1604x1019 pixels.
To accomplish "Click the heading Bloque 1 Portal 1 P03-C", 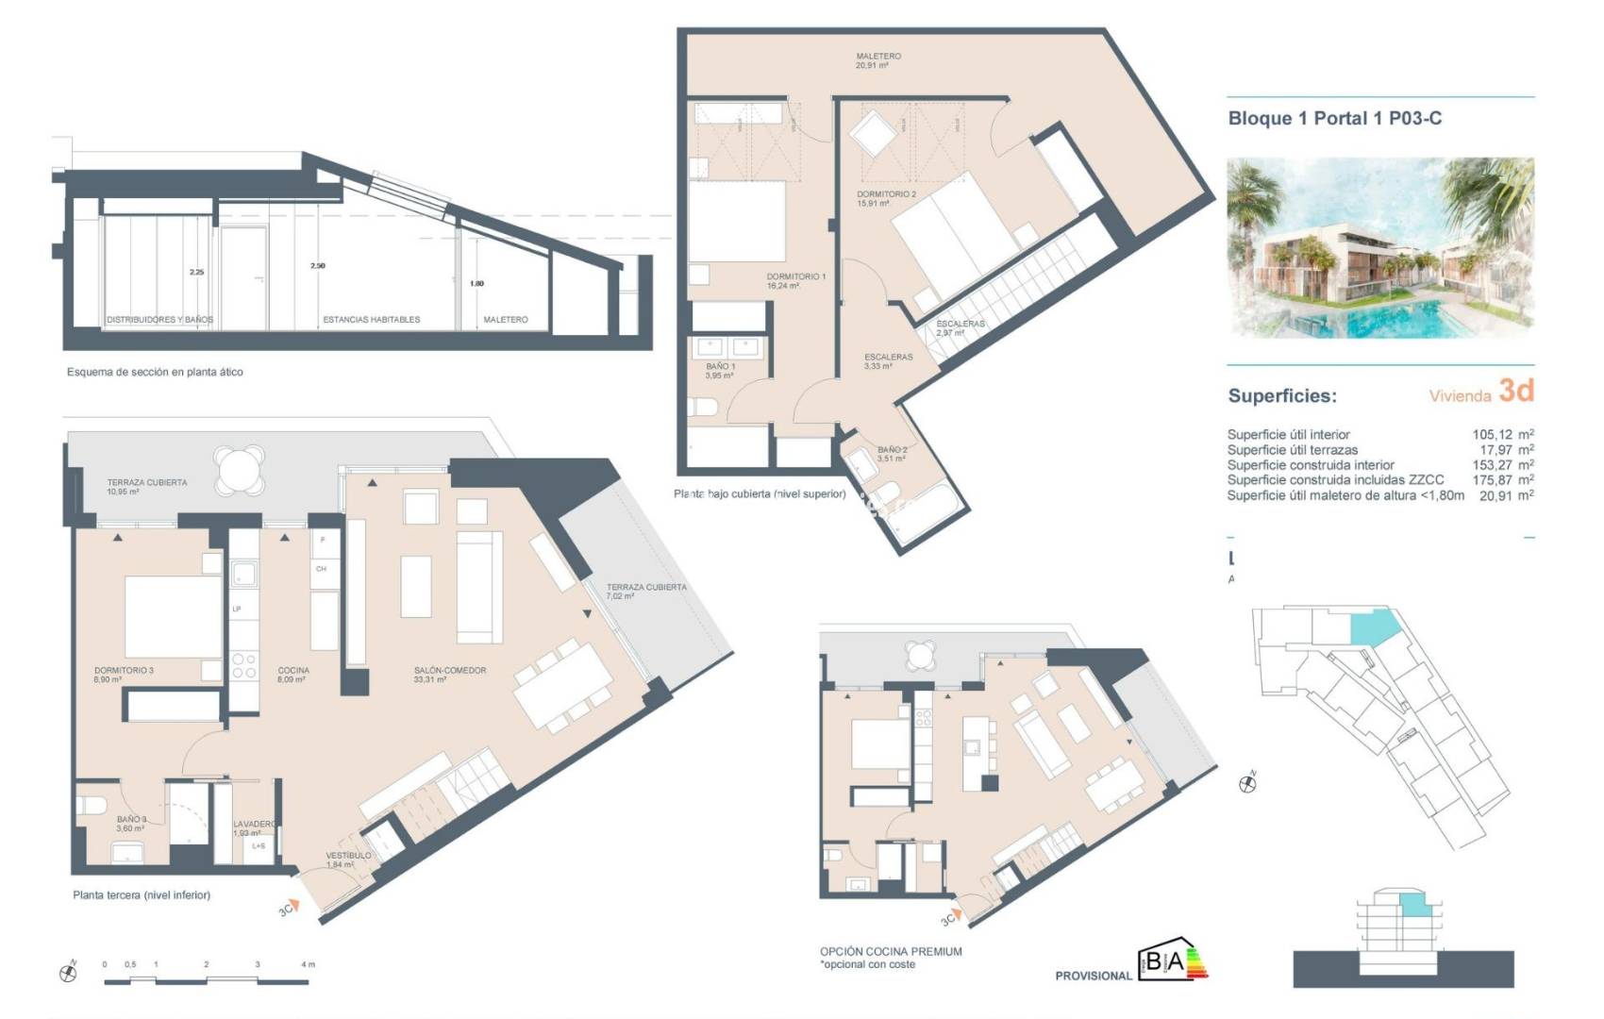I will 1334,119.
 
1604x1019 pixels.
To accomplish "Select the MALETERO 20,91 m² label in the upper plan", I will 877,60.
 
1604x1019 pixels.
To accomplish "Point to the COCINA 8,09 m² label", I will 293,674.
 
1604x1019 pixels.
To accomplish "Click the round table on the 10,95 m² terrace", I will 240,469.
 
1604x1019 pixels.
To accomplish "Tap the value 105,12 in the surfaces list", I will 1492,435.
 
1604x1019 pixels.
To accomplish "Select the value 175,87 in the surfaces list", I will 1492,480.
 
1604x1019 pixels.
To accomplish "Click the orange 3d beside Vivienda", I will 1516,391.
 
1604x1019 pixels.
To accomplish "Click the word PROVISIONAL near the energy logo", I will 1093,976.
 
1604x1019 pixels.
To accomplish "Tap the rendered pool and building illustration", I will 1379,247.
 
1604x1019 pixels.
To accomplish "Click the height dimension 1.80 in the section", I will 476,283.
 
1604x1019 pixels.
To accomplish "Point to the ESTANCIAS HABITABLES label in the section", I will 372,320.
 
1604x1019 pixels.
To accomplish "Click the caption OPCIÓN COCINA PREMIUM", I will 891,952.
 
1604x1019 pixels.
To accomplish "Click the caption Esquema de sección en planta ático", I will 155,373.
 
